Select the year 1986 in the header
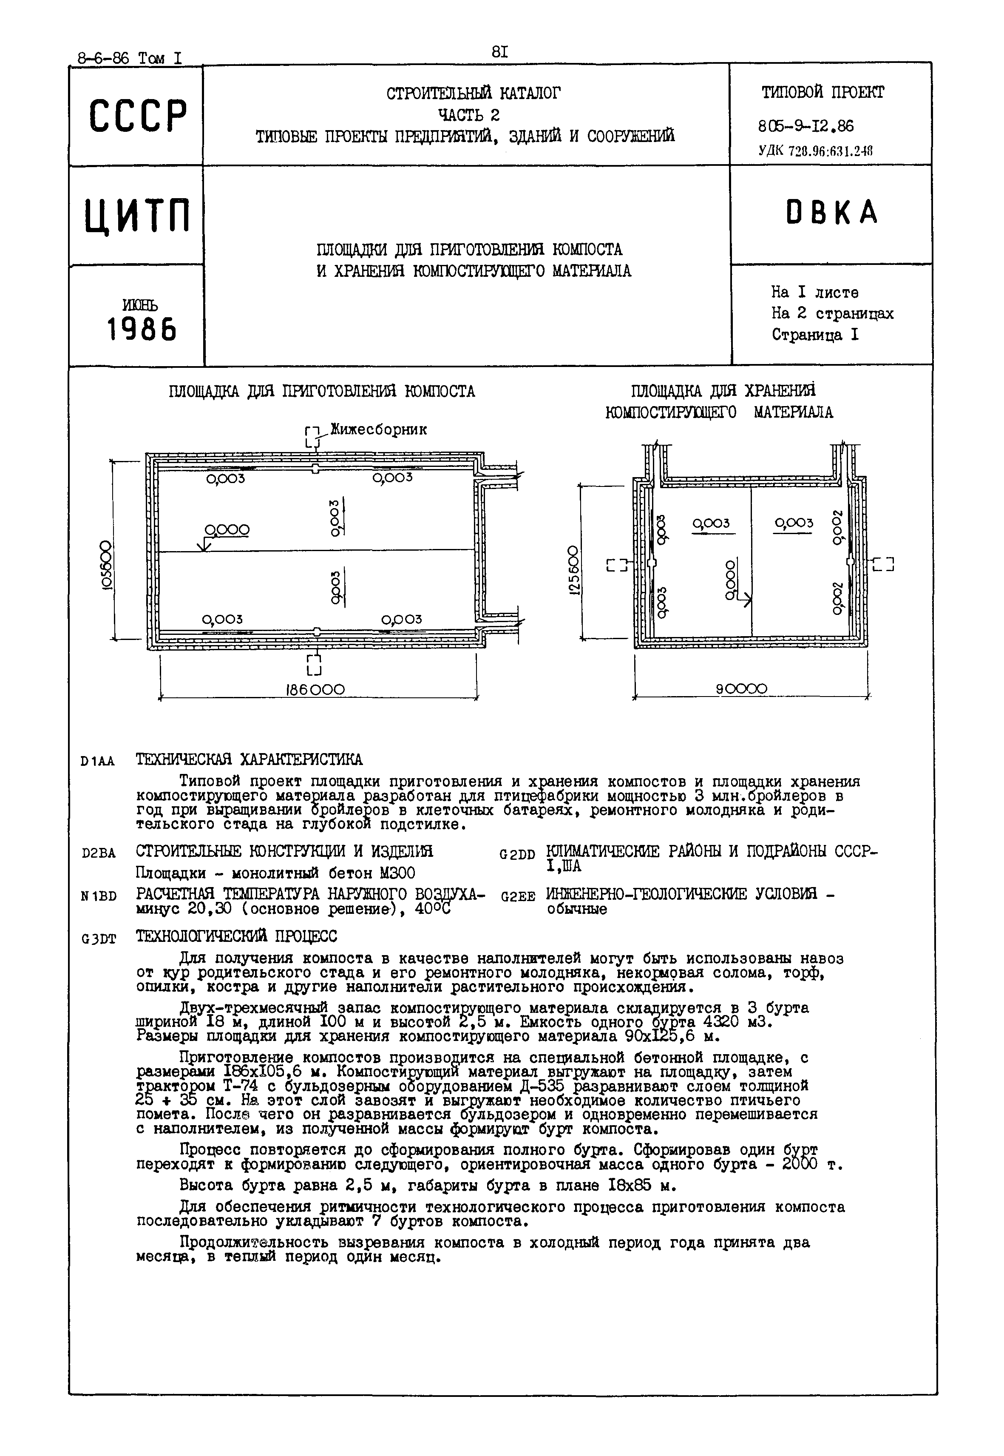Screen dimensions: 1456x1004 pos(142,328)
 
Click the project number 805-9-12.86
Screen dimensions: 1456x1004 pos(806,126)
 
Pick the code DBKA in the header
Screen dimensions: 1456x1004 pos(831,213)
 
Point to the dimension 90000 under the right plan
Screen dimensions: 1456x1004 pos(742,689)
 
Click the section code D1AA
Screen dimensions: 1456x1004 pos(97,761)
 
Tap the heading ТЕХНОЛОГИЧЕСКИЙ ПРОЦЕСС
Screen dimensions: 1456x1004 pos(236,937)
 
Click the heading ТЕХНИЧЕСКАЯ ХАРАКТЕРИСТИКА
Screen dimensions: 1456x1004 pos(249,759)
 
